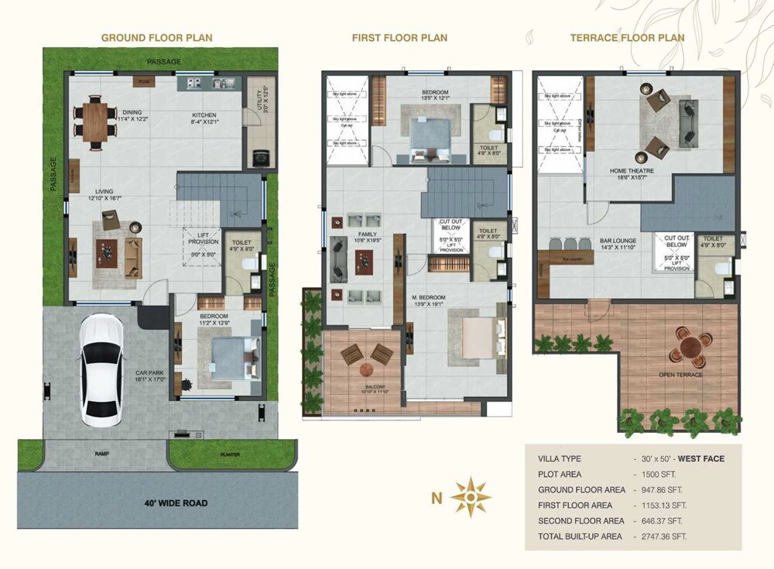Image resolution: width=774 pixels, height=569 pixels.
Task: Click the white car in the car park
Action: (101, 365)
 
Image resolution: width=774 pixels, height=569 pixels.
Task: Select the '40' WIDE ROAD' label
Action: (176, 502)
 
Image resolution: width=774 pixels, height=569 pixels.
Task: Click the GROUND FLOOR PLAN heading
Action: (157, 37)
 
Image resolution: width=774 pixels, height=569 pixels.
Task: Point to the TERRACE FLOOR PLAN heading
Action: (627, 37)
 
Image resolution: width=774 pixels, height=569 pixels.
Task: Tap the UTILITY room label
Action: (265, 95)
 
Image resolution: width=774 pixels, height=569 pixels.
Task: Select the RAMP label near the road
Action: (101, 454)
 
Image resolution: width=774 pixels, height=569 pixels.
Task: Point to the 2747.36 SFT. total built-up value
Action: (659, 536)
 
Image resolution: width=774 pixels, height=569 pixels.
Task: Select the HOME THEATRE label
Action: (632, 171)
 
